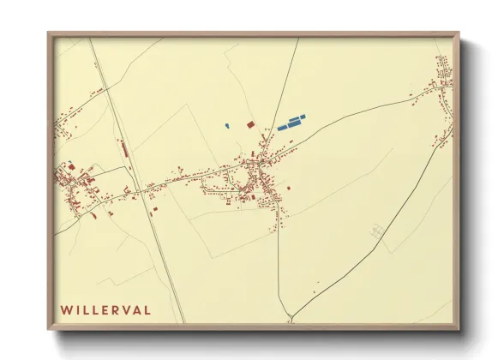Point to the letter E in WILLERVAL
(101, 309)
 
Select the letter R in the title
(113, 309)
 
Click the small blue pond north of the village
(227, 126)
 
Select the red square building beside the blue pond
(250, 124)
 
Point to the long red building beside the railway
(125, 149)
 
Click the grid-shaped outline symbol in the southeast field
(375, 230)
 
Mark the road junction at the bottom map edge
(290, 321)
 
